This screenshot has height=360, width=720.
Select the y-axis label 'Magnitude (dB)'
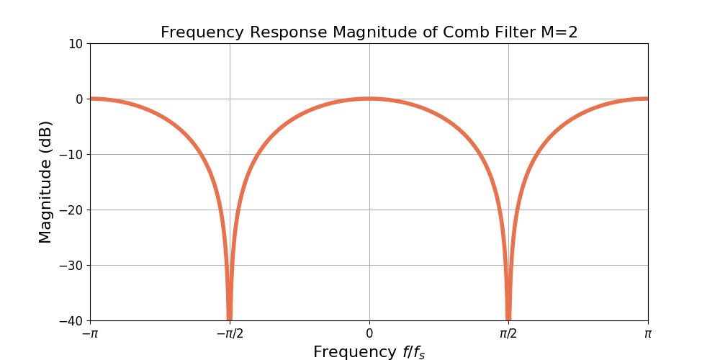click(45, 181)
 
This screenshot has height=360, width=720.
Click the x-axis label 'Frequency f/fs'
click(369, 352)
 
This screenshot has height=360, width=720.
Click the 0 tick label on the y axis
click(80, 99)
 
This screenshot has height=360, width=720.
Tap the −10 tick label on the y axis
click(71, 154)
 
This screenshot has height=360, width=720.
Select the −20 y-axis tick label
click(71, 210)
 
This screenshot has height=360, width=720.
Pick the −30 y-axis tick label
click(71, 265)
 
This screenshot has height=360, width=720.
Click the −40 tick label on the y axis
click(71, 320)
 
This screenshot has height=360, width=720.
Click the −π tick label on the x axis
click(90, 333)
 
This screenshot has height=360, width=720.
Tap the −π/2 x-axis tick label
click(230, 333)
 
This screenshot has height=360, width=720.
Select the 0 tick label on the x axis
click(369, 333)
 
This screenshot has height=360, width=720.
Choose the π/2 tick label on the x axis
click(508, 333)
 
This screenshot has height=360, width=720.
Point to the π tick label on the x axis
click(648, 333)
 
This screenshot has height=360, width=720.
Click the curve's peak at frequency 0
click(369, 99)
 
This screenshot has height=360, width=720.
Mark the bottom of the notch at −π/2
click(230, 318)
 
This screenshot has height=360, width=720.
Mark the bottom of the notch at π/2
click(508, 318)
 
